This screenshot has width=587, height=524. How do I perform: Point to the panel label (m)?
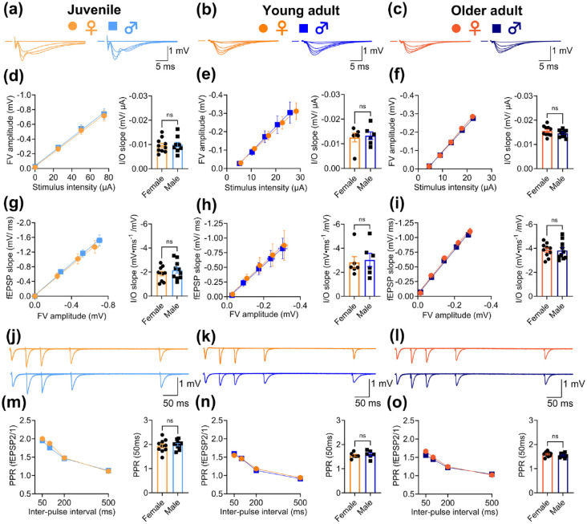[14, 413]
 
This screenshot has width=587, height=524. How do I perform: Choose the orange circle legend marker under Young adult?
[265, 26]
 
